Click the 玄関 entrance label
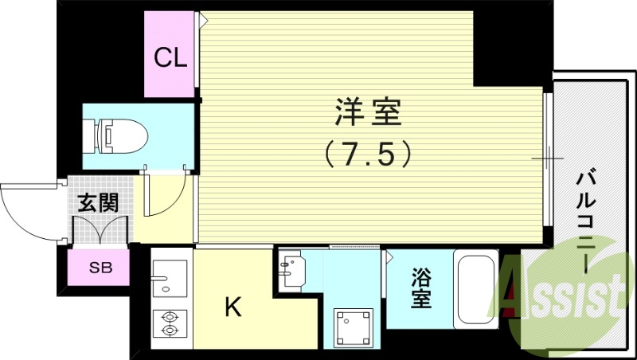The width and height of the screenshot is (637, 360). pyautogui.click(x=97, y=202)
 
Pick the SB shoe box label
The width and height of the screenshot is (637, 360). pyautogui.click(x=100, y=268)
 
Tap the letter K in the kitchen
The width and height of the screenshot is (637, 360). pyautogui.click(x=232, y=307)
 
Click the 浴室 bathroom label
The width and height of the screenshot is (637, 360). pyautogui.click(x=421, y=290)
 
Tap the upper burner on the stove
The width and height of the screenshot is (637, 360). pyautogui.click(x=169, y=315)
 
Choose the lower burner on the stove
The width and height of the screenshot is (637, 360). pyautogui.click(x=169, y=331)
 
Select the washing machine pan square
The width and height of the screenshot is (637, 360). pyautogui.click(x=351, y=327)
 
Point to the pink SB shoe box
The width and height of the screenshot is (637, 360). pyautogui.click(x=100, y=268)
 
